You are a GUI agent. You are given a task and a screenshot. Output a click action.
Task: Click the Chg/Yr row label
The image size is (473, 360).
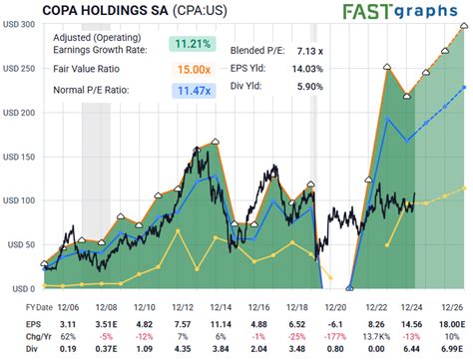click(x=20, y=337)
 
